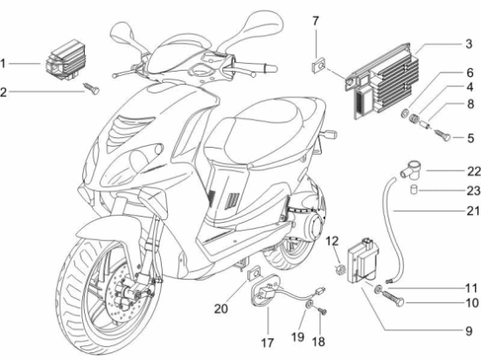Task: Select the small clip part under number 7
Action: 317,61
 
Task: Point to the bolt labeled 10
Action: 394,295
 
